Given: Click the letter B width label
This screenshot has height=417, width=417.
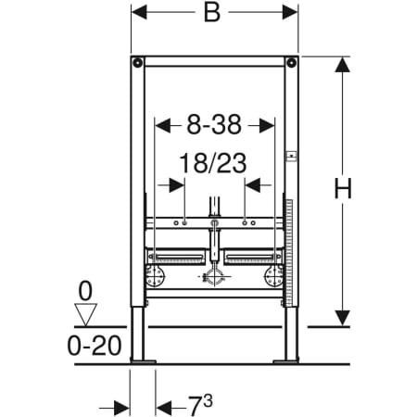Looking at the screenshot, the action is coord(212,13).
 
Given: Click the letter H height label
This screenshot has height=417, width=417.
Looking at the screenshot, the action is coord(343,188).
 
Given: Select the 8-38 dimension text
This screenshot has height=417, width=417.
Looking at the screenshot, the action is coord(214,124).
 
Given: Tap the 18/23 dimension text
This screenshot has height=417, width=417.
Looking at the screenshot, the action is coord(213,163).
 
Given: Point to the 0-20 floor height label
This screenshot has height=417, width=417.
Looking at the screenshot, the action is coord(95,346).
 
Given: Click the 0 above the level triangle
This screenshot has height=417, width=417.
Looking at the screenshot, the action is coord(85,291).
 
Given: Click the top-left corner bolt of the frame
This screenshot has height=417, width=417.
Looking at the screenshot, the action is coord(137,63).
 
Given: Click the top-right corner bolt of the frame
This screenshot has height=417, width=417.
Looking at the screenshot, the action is coord(291,63).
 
